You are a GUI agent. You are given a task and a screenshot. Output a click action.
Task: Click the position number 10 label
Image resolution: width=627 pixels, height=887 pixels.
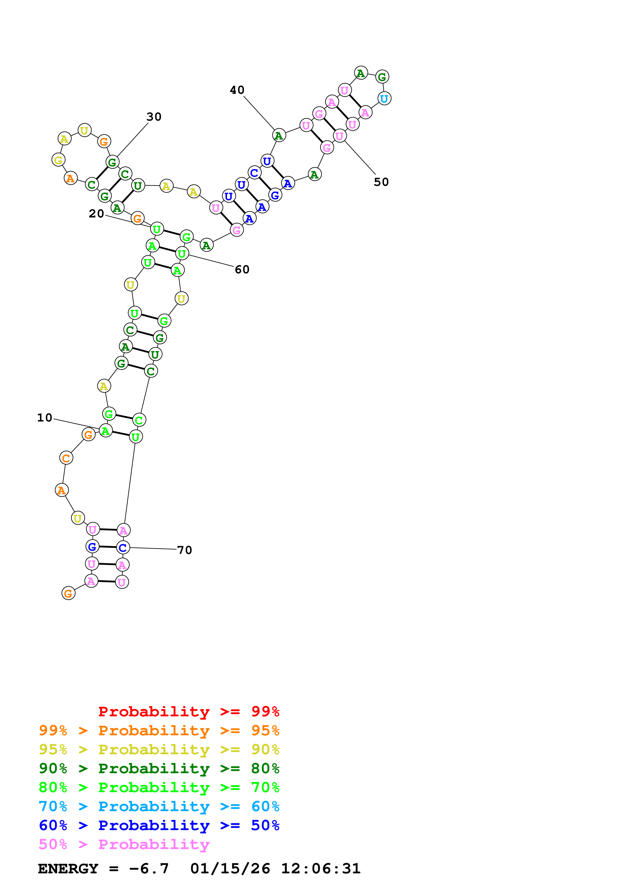45,418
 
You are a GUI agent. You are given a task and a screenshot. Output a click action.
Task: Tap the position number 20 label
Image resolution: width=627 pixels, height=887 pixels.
97,214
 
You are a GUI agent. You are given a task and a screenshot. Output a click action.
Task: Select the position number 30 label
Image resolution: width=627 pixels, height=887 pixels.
154,117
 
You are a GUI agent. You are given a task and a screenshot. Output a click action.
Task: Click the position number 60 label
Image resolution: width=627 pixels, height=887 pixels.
242,269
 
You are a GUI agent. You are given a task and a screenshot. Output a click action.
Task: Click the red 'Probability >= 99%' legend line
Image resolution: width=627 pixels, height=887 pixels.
189,712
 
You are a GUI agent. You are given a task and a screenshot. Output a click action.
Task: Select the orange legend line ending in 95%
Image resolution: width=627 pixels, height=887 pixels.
159,730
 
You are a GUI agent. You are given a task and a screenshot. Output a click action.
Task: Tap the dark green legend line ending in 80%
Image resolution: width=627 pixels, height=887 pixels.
159,768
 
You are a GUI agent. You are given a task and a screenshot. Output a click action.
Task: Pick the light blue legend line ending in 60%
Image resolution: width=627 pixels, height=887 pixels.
159,806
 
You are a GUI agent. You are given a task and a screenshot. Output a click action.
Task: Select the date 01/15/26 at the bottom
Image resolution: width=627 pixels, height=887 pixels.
230,869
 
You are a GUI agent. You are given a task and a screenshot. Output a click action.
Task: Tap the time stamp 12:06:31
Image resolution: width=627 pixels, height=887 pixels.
321,869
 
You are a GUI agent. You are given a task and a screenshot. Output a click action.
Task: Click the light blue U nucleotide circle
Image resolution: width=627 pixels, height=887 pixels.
384,99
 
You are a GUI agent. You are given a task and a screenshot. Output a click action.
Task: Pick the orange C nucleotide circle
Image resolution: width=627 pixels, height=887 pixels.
66,458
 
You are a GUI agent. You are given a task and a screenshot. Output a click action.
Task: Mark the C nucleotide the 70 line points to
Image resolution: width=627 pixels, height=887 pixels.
123,547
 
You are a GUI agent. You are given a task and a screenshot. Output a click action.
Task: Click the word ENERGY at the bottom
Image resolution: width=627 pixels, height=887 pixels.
68,869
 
